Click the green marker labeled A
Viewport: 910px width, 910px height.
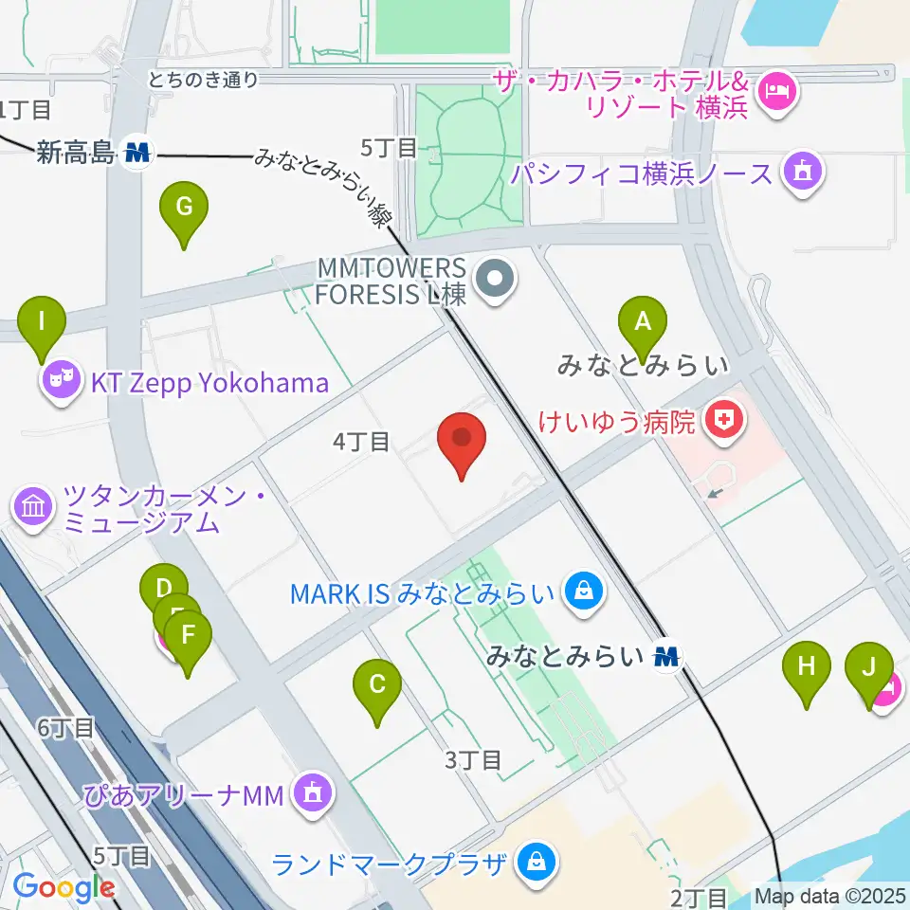(x=643, y=322)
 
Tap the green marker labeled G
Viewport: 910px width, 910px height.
(x=184, y=206)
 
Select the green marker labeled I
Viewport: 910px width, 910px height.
(x=42, y=321)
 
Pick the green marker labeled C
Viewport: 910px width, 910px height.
(x=376, y=683)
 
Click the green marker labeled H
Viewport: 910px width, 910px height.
(x=806, y=665)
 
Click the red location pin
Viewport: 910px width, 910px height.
(x=462, y=438)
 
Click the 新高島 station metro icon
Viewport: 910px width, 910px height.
(x=138, y=152)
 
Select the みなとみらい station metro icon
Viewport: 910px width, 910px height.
(x=669, y=655)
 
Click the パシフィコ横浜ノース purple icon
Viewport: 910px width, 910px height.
(x=802, y=174)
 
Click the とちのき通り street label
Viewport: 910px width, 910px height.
(x=203, y=80)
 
